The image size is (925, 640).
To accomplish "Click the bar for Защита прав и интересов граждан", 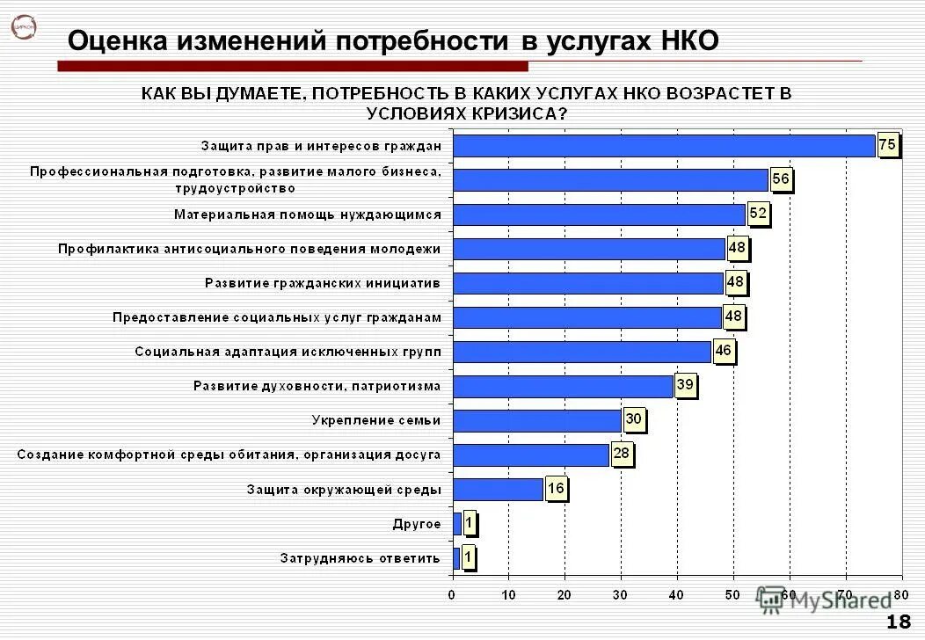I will click(x=664, y=145).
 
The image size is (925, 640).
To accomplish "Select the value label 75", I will click(x=887, y=145).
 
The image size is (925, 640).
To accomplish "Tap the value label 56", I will click(x=781, y=179).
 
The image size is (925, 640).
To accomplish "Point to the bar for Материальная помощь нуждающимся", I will click(x=600, y=215).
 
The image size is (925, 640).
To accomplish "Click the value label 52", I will click(x=758, y=214).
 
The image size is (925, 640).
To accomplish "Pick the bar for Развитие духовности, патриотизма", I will click(x=563, y=386).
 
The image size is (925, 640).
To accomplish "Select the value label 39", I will click(x=685, y=385).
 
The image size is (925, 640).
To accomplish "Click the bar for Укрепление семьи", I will click(x=537, y=420).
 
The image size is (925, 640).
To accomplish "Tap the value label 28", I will click(x=622, y=454).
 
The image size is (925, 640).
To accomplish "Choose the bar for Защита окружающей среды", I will click(x=498, y=489).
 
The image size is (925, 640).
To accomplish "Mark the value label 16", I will click(x=555, y=488).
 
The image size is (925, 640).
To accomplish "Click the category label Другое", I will click(x=417, y=524).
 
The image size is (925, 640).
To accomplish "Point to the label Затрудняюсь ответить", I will click(x=361, y=557).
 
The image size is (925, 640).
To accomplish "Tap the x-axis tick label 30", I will click(x=621, y=595).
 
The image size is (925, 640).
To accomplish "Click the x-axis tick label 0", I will click(x=452, y=595).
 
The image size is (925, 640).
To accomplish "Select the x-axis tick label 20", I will click(x=564, y=595).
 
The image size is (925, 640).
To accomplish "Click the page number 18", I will click(x=898, y=622).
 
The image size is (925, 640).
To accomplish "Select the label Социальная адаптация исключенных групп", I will click(x=288, y=352).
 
